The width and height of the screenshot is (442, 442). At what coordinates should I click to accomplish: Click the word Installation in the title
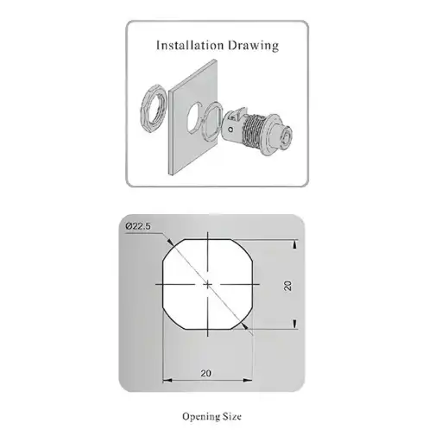coord(190,46)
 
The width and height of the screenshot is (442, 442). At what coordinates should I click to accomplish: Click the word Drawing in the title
coord(253,46)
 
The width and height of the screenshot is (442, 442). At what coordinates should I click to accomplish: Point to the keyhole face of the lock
coord(286,137)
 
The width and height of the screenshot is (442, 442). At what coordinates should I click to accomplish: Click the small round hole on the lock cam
coord(230,129)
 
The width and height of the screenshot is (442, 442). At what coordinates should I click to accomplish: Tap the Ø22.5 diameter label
coord(138,226)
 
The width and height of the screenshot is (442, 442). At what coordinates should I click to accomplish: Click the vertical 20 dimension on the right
coord(287,286)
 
